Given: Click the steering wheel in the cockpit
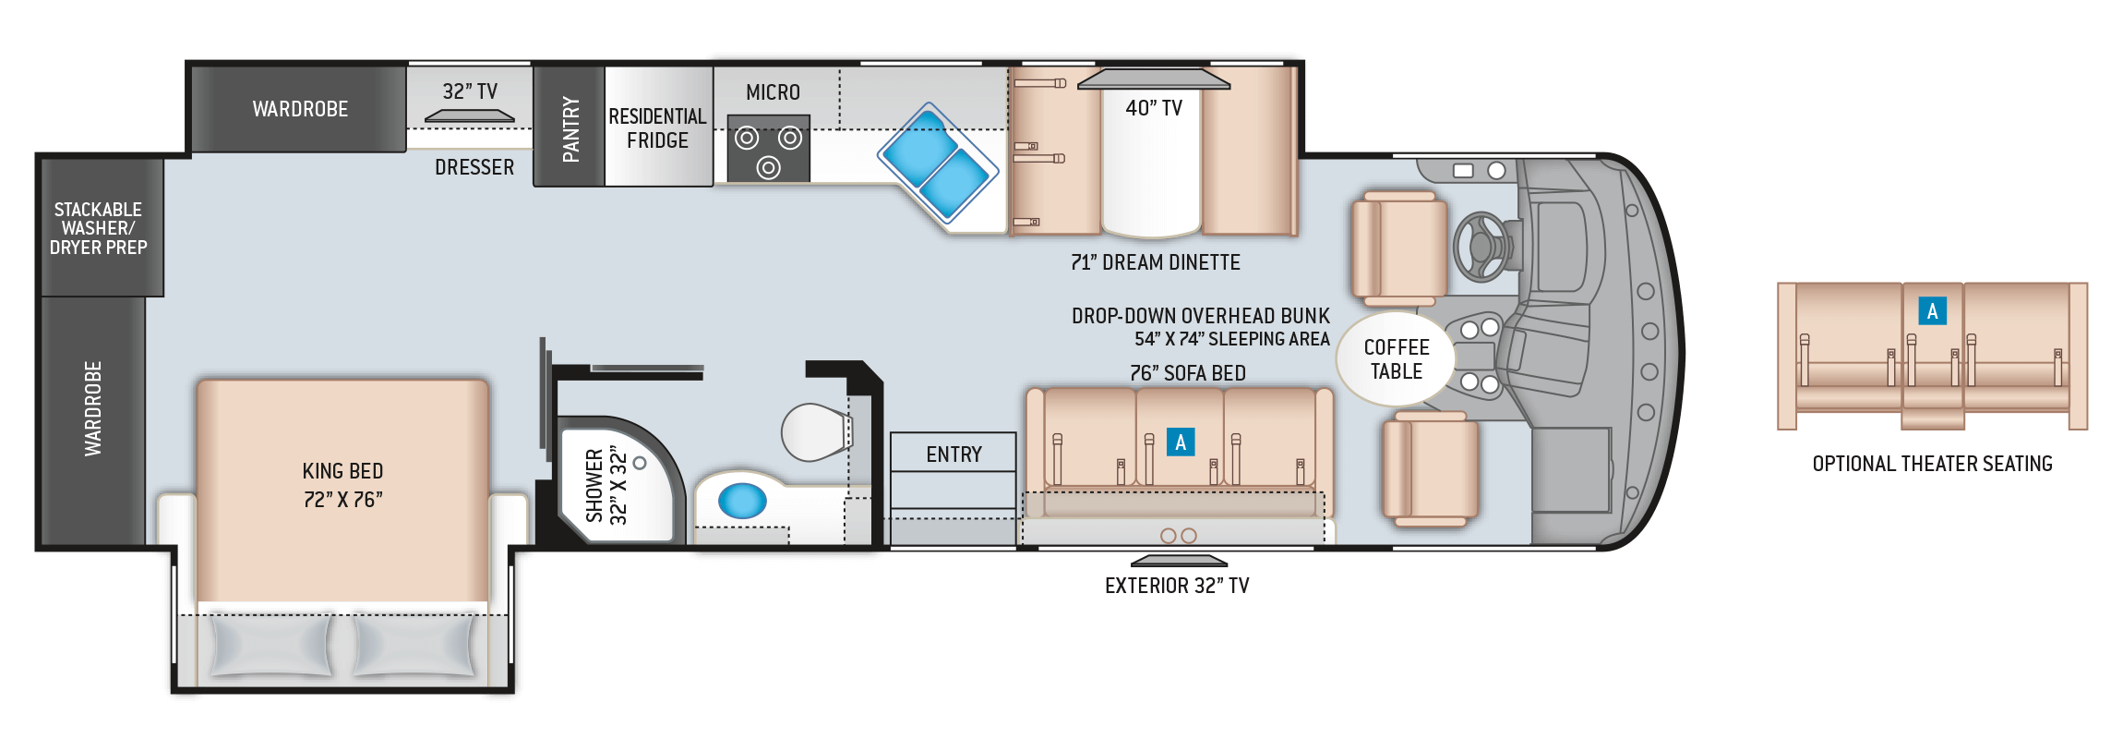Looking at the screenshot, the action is pos(1481,247).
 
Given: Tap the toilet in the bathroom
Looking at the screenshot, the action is pos(817,432).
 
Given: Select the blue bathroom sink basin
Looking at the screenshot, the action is pos(742,502).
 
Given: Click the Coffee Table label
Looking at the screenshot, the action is pos(1397,359).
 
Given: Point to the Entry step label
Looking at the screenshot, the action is pos(954,454).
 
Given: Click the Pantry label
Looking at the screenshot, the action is pos(570,129).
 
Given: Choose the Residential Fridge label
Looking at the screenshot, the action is pos(657,128).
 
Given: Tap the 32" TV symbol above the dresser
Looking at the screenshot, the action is pos(469,116).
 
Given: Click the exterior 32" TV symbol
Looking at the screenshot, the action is pos(1180,561).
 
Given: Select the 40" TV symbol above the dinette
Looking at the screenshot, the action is pos(1154,79).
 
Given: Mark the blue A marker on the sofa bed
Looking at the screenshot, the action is pos(1181,442).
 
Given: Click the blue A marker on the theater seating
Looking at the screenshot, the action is pos(1932,311).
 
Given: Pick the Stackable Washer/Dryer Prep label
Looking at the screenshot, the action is pos(98,228).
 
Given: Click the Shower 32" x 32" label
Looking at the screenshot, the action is pos(606,486).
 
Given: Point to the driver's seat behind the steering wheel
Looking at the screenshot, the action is pos(1398,248).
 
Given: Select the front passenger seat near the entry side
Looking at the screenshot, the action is pos(1430,469).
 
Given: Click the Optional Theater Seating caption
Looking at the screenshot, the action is pos(1932,464).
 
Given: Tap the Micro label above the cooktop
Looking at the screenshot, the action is pos(773,92).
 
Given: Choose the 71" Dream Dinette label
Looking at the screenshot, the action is pos(1156,262).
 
